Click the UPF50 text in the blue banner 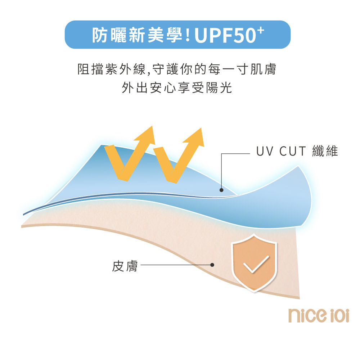[225, 36]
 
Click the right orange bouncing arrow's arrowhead [195, 137]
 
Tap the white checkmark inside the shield [256, 264]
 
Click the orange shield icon [254, 263]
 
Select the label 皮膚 [125, 266]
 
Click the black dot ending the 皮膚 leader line [212, 265]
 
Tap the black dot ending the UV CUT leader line [221, 190]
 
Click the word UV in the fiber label [265, 151]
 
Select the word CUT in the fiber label [292, 151]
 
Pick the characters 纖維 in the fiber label [325, 151]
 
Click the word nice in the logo [307, 315]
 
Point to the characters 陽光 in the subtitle [219, 87]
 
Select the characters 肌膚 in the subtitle [263, 69]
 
